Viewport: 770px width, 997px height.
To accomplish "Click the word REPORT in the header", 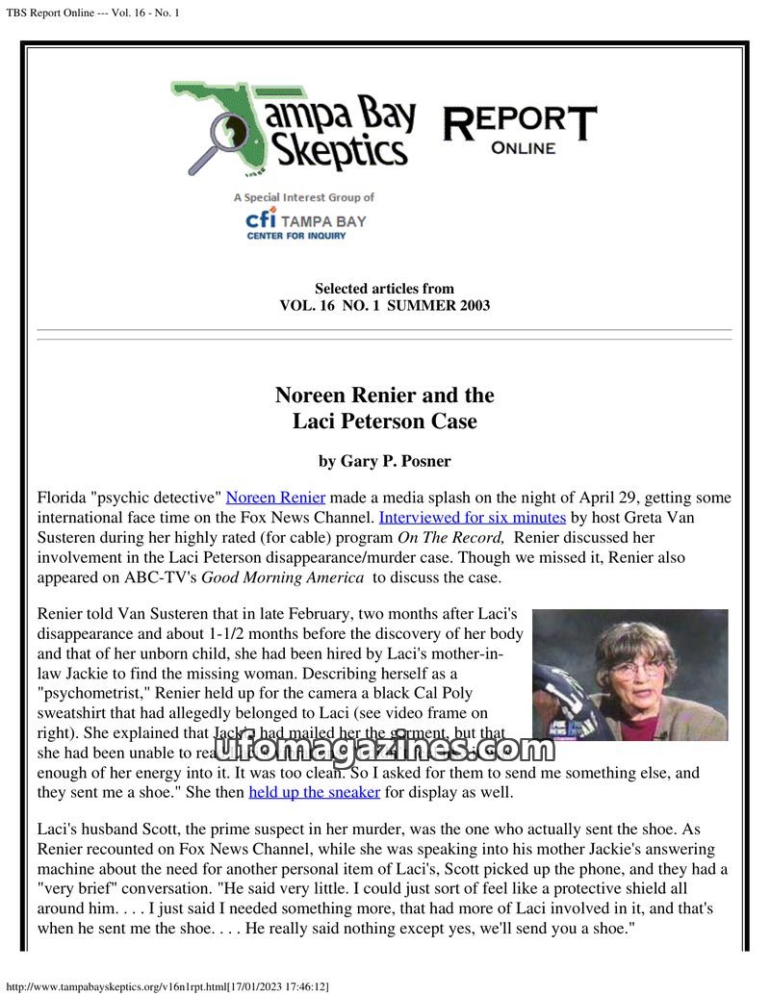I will pos(520,123).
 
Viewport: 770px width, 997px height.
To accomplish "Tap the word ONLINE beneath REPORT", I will pos(523,148).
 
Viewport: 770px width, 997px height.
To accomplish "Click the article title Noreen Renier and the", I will pos(384,396).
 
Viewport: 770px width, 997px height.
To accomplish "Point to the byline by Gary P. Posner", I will pos(384,461).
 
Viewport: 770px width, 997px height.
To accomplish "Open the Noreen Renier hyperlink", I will pos(275,498).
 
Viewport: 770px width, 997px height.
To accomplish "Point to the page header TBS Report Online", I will pos(93,12).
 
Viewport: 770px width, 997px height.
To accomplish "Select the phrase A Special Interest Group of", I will pos(303,197).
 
